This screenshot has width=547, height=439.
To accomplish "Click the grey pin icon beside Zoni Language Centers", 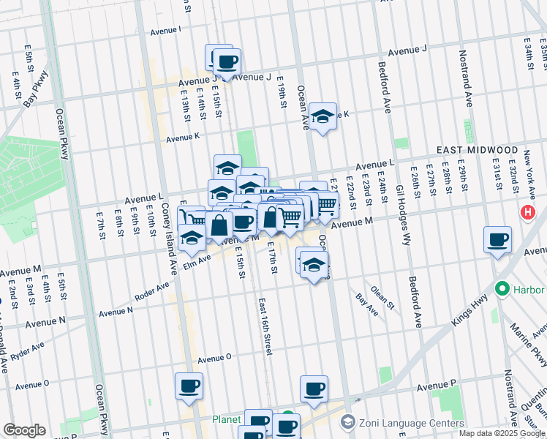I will click(347, 423).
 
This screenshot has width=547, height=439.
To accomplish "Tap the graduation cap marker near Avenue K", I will click(322, 117).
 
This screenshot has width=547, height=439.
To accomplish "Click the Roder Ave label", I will click(153, 294).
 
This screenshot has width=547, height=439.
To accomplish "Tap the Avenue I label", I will click(166, 31).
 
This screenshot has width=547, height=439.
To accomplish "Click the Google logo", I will click(24, 430).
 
